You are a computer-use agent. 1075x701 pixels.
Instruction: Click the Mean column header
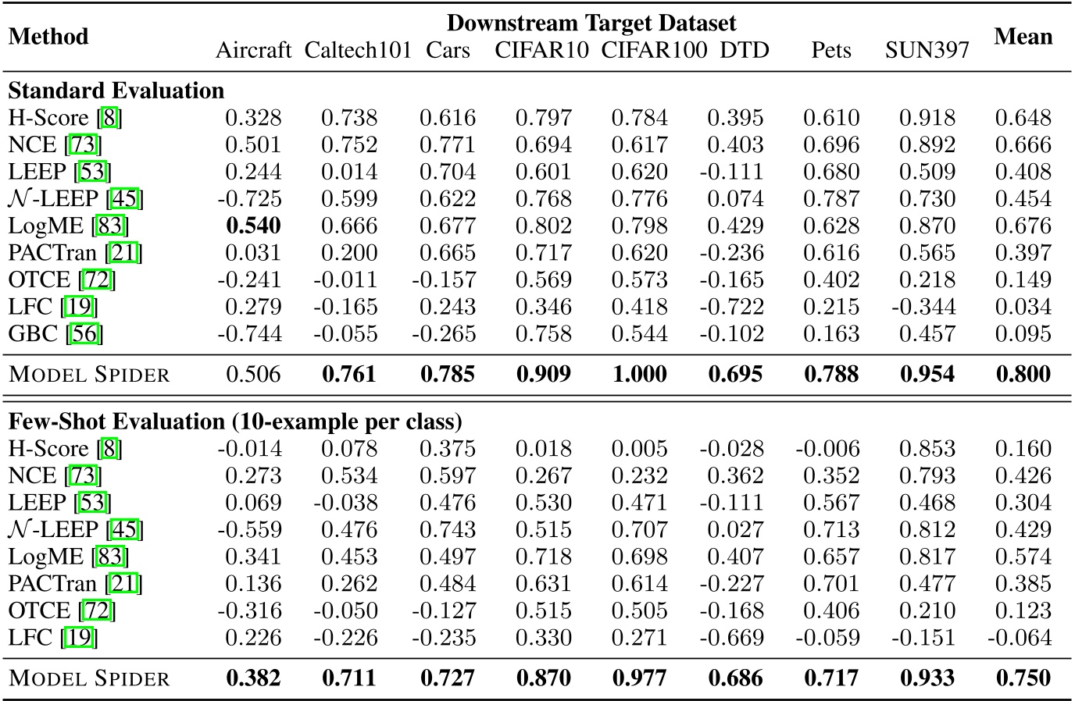(x=1023, y=37)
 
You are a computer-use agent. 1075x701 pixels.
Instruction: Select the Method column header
(x=48, y=37)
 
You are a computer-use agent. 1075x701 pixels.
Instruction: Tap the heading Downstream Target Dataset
(x=591, y=23)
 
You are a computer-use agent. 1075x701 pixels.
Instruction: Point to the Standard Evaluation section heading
(x=116, y=91)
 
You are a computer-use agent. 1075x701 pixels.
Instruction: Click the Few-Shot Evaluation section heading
(x=235, y=422)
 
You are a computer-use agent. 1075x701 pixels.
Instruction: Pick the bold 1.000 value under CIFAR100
(x=639, y=374)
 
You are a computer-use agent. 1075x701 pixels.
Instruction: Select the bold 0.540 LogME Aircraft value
(x=253, y=226)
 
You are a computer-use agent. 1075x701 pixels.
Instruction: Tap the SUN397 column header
(x=927, y=51)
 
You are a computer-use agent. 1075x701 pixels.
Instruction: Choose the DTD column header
(x=744, y=51)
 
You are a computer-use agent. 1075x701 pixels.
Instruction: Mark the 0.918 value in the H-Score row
(x=927, y=118)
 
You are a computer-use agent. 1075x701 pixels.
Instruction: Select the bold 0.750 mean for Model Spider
(x=1023, y=678)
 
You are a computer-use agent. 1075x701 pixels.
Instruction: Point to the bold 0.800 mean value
(x=1023, y=374)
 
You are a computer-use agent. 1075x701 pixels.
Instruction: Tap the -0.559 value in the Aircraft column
(x=249, y=529)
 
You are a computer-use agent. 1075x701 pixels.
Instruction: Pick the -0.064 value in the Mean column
(x=1019, y=638)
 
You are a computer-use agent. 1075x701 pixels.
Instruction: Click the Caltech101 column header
(x=358, y=51)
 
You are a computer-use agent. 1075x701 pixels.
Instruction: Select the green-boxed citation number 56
(x=84, y=333)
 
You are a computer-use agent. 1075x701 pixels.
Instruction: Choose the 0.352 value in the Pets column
(x=831, y=475)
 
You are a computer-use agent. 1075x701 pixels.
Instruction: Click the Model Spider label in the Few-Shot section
(x=89, y=678)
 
